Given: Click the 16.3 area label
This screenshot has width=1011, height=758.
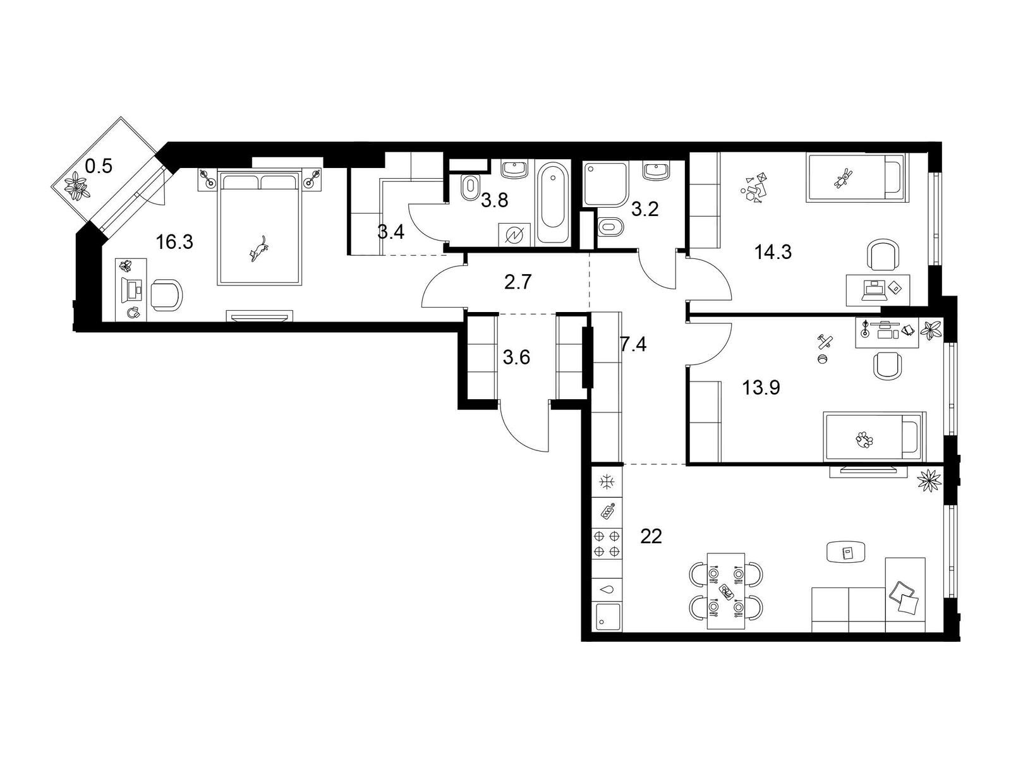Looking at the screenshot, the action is pyautogui.click(x=174, y=241).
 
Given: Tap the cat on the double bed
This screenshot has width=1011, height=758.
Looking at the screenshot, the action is pyautogui.click(x=258, y=249).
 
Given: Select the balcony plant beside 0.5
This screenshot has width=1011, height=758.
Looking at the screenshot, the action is pyautogui.click(x=77, y=186).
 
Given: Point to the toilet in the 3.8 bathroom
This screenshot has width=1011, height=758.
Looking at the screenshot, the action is pyautogui.click(x=470, y=188).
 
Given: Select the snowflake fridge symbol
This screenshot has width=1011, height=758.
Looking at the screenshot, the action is pyautogui.click(x=606, y=482).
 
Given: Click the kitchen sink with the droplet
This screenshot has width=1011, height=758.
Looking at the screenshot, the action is pyautogui.click(x=606, y=589).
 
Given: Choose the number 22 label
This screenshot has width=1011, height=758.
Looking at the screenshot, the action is pyautogui.click(x=651, y=536).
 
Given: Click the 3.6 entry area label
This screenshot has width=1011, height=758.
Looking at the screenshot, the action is pyautogui.click(x=516, y=357).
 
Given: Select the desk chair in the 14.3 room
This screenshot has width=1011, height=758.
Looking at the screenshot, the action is pyautogui.click(x=883, y=255).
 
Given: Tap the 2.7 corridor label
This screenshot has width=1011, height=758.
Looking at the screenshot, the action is pyautogui.click(x=518, y=282).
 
